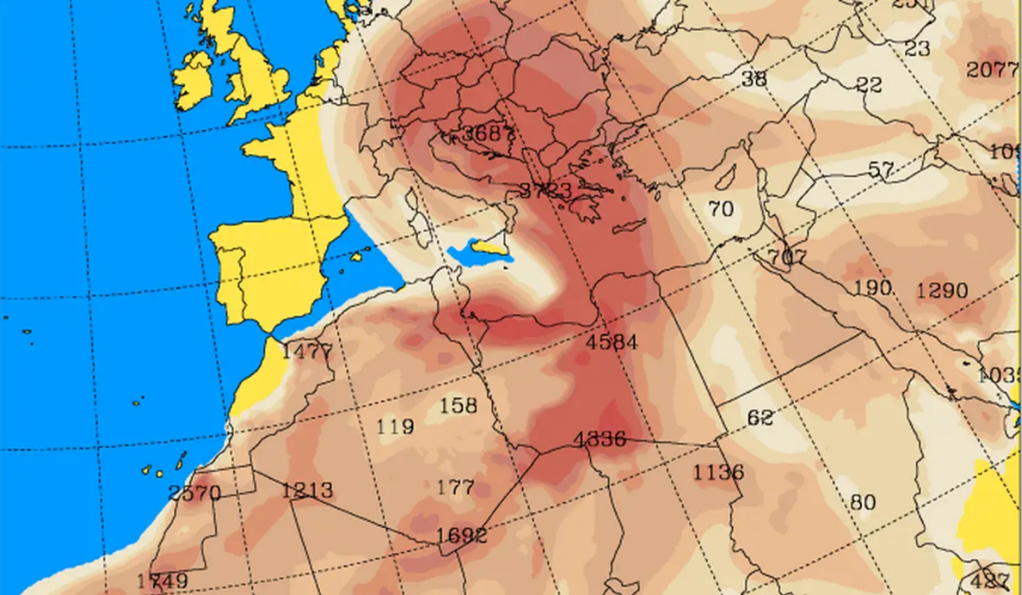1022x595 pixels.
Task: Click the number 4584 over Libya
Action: pyautogui.click(x=613, y=342)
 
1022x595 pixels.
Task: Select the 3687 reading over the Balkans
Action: pyautogui.click(x=488, y=135)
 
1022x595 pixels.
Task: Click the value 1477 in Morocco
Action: pyautogui.click(x=306, y=351)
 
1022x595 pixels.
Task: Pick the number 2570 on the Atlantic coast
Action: pyautogui.click(x=194, y=493)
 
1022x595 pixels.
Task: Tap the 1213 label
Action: pyautogui.click(x=307, y=490)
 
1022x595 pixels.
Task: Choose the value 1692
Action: pyautogui.click(x=462, y=535)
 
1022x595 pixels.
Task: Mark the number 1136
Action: pyautogui.click(x=718, y=472)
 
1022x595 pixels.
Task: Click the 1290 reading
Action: pyautogui.click(x=942, y=290)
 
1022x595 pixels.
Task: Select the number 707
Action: pyautogui.click(x=787, y=259)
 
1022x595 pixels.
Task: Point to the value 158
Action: pyautogui.click(x=458, y=405)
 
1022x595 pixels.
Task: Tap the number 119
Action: pyautogui.click(x=395, y=427)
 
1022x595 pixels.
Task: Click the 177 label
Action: pyautogui.click(x=455, y=488)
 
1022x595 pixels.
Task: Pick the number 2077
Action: pyautogui.click(x=991, y=70)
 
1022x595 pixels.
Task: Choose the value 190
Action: pyautogui.click(x=873, y=287)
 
